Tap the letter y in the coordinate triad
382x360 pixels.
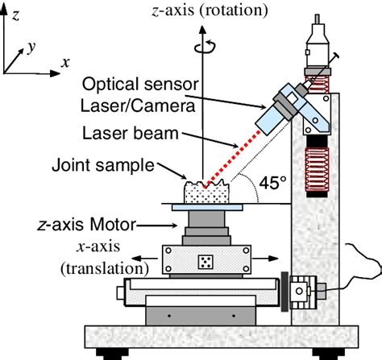[x=31, y=48]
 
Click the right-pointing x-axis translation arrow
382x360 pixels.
[x=275, y=259]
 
